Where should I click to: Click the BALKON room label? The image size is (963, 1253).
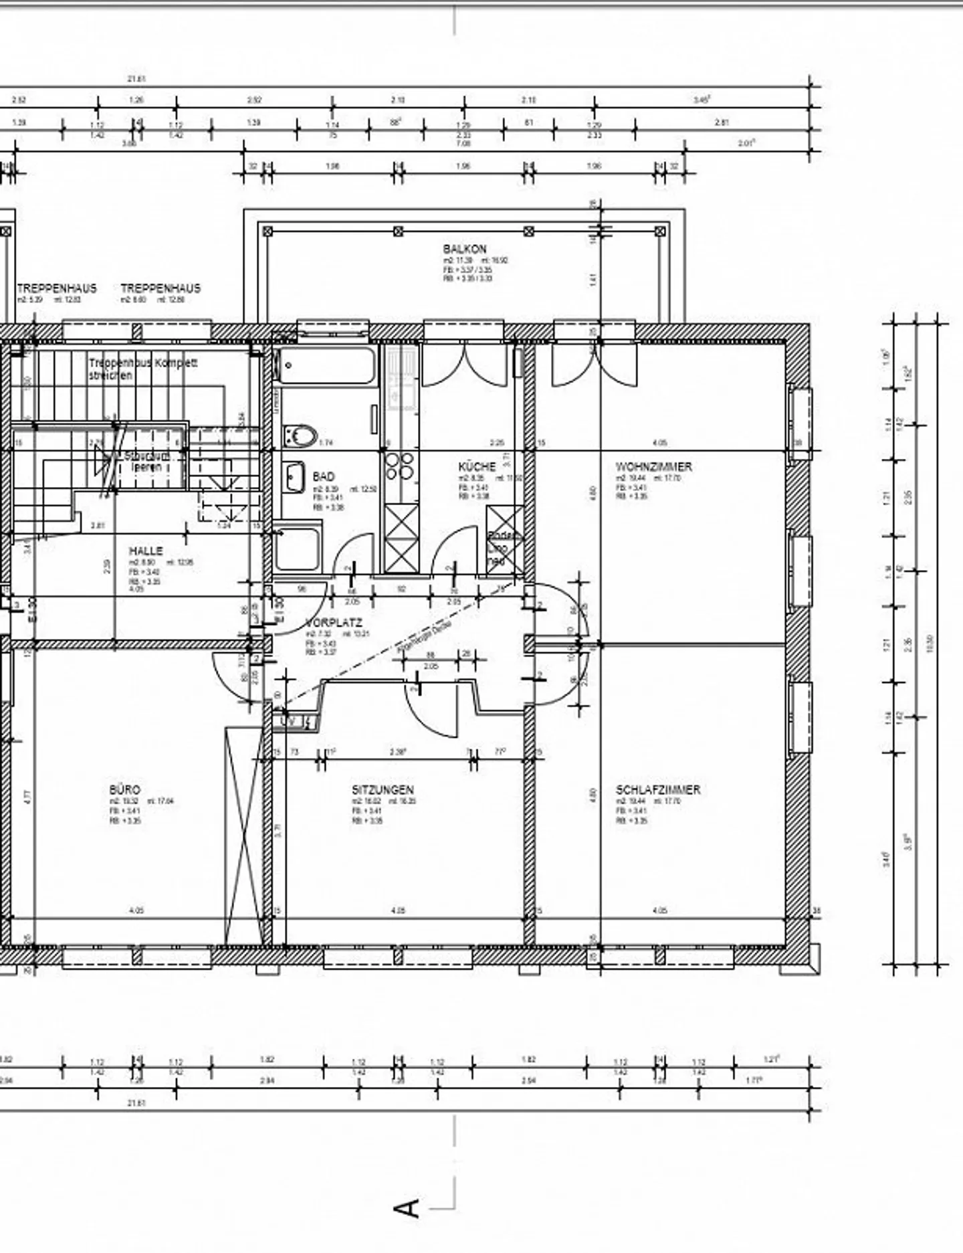pyautogui.click(x=465, y=249)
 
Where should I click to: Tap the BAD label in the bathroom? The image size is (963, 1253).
pyautogui.click(x=324, y=476)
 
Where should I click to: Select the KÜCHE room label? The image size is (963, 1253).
pyautogui.click(x=477, y=466)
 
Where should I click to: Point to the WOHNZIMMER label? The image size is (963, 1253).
pyautogui.click(x=653, y=466)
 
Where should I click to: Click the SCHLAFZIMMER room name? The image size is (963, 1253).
pyautogui.click(x=658, y=789)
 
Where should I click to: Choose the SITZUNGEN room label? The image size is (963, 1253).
pyautogui.click(x=383, y=789)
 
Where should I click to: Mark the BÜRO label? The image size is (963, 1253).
pyautogui.click(x=125, y=789)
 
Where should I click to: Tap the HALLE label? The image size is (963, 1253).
pyautogui.click(x=146, y=551)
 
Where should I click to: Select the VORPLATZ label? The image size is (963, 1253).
pyautogui.click(x=333, y=622)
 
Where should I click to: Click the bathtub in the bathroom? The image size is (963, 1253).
pyautogui.click(x=327, y=365)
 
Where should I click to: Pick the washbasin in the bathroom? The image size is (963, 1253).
pyautogui.click(x=294, y=477)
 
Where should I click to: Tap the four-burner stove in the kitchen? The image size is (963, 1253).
pyautogui.click(x=399, y=466)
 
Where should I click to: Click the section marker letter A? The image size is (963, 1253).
pyautogui.click(x=407, y=1208)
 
